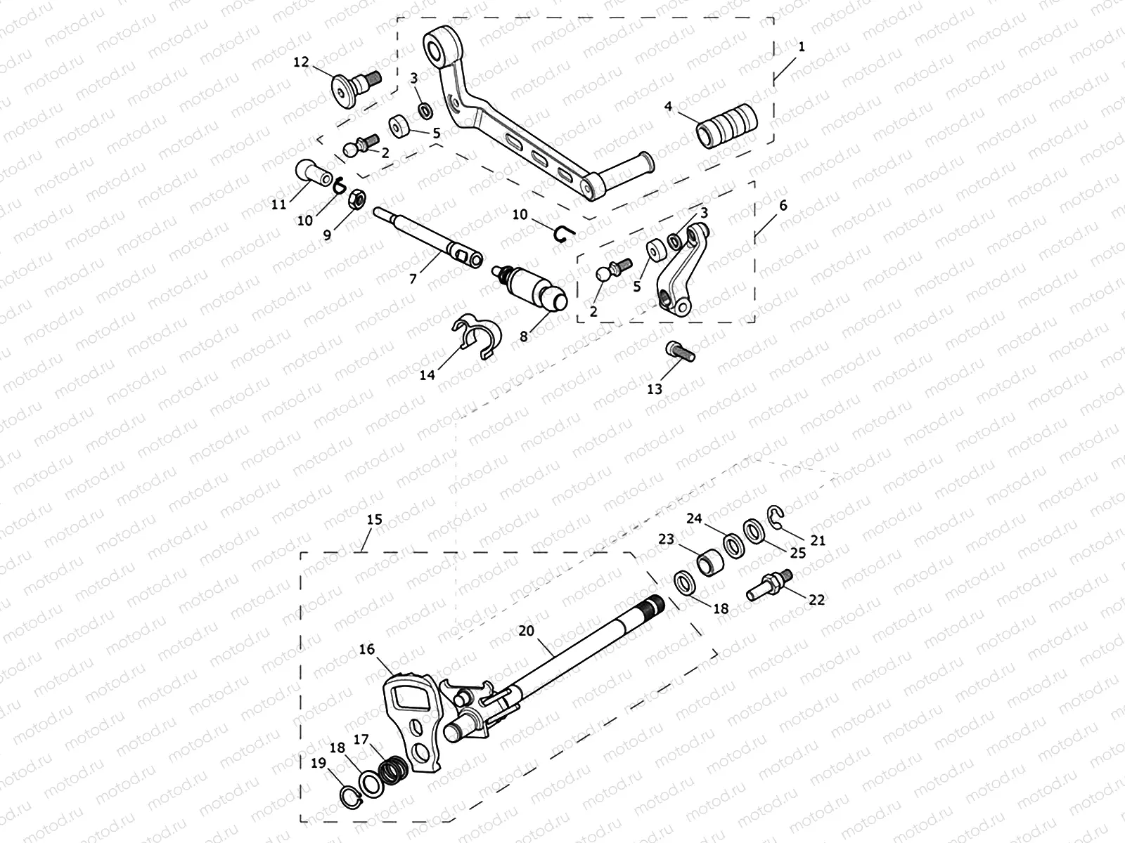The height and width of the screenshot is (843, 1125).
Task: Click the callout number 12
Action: click(x=301, y=63)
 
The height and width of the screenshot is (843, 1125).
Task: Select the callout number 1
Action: click(x=802, y=47)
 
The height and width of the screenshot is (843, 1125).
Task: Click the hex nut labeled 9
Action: click(x=356, y=200)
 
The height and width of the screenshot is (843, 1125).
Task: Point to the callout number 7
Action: click(x=413, y=279)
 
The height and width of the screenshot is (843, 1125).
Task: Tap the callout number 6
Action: click(x=783, y=205)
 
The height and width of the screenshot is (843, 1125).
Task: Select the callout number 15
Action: click(x=374, y=520)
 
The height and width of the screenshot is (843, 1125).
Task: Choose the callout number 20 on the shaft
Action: click(x=527, y=631)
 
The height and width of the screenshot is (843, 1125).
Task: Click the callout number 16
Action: click(x=367, y=649)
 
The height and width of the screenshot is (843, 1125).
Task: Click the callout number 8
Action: click(x=524, y=336)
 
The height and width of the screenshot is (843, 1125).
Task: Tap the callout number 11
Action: click(x=279, y=204)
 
